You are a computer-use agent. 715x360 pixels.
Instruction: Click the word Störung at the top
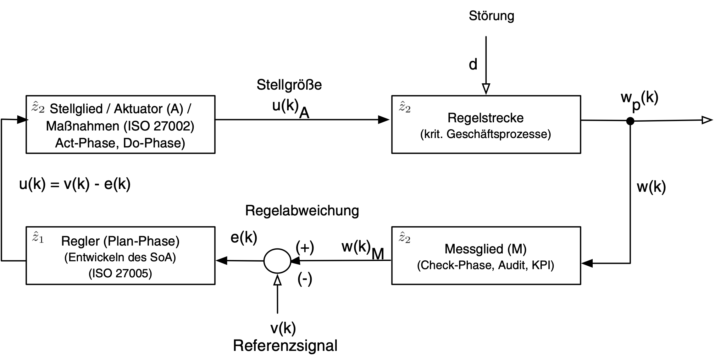(x=491, y=16)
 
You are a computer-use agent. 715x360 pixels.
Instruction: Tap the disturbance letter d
(x=473, y=65)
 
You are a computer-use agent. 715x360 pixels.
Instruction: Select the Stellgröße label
(x=289, y=85)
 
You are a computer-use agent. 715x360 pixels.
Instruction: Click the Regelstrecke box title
(x=485, y=118)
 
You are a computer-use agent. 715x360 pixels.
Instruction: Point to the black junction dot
(x=630, y=121)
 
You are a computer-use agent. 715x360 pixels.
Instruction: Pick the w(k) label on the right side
(x=651, y=187)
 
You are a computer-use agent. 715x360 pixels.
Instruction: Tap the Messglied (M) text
(x=485, y=249)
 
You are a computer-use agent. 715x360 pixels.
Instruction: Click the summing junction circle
(x=277, y=261)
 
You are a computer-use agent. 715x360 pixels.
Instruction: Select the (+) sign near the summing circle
(x=305, y=248)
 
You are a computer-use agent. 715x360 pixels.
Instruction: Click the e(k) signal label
(x=244, y=238)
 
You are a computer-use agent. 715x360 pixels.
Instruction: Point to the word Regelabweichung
(x=302, y=211)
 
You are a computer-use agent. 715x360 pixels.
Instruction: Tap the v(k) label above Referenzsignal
(x=283, y=328)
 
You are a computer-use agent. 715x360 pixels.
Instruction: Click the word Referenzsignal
(x=285, y=346)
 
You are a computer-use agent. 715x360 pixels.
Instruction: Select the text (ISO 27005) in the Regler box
(x=120, y=274)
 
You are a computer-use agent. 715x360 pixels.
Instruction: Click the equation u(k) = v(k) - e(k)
(x=75, y=184)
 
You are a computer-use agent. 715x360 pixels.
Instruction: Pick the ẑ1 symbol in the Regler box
(x=38, y=238)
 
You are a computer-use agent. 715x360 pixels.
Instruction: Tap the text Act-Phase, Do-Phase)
(x=120, y=143)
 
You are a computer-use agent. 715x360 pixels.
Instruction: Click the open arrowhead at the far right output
(x=707, y=120)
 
